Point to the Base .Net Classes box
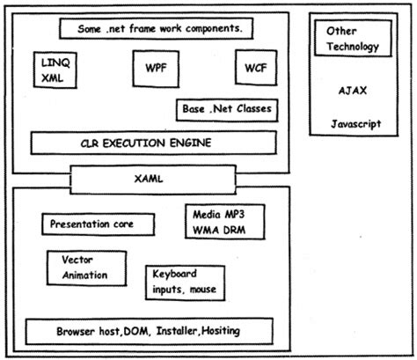pos(226,110)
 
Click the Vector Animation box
pos(84,268)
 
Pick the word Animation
pos(85,275)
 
